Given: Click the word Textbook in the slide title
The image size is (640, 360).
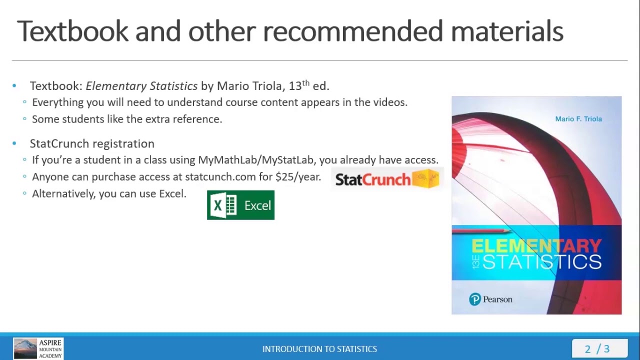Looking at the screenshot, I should [x=72, y=31].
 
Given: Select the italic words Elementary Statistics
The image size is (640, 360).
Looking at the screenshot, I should [x=141, y=86].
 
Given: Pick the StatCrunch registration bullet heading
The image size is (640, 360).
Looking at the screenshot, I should [x=92, y=144].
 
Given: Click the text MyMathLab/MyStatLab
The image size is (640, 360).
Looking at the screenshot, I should [x=255, y=160].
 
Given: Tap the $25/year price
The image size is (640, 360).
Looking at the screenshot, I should [x=298, y=177].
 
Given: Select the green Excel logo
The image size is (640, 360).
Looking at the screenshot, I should [x=240, y=205].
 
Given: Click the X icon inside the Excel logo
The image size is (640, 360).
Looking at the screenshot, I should [x=218, y=205].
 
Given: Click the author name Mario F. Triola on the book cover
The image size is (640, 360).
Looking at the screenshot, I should [x=578, y=119].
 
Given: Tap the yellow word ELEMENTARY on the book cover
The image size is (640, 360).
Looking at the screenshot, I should [x=536, y=245].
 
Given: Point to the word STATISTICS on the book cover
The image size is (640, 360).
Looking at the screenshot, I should [x=541, y=262].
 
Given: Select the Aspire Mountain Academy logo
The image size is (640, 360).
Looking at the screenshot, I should [x=38, y=348].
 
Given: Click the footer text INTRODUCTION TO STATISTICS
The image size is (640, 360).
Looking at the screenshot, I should [x=319, y=349].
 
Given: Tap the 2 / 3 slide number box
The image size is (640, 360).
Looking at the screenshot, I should [x=598, y=349].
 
